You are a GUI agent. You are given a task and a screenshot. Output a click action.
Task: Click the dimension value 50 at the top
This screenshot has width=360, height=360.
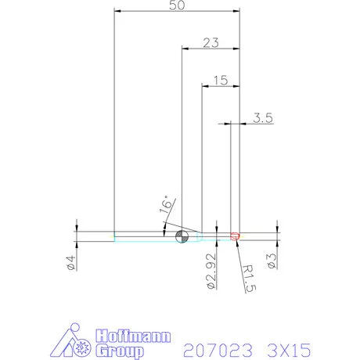(177, 6)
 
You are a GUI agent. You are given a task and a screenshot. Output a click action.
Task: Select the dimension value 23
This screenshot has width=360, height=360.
(210, 43)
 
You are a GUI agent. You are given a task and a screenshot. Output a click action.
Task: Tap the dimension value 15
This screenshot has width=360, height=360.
(220, 80)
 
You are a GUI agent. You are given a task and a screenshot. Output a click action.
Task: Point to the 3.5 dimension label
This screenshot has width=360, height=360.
(262, 118)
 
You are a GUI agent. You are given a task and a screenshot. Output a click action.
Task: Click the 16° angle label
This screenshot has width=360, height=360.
(165, 205)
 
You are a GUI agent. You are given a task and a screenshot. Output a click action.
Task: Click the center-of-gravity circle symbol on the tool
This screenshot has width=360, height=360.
(182, 236)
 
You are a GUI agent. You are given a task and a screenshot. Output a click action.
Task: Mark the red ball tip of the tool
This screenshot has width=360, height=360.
(236, 236)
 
